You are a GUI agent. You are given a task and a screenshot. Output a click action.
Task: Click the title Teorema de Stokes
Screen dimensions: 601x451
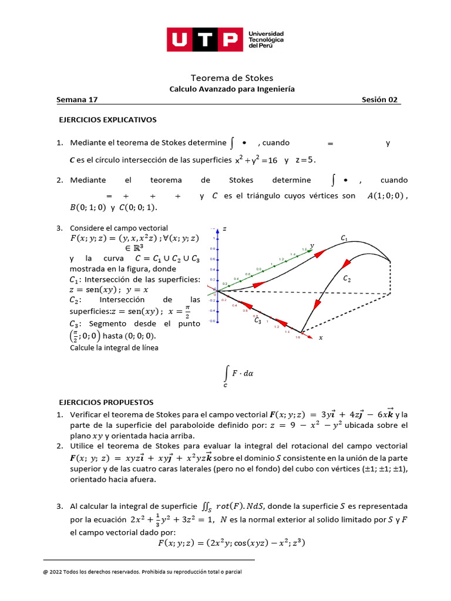tap(232, 77)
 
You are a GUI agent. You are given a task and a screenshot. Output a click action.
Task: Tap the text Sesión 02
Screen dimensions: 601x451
tap(380, 100)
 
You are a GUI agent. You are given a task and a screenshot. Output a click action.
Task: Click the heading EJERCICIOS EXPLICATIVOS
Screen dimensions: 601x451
tap(108, 120)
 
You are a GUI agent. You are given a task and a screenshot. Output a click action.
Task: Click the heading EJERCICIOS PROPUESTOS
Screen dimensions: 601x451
tap(106, 402)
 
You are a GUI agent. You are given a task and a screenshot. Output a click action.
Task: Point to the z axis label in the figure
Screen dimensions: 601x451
tap(224, 228)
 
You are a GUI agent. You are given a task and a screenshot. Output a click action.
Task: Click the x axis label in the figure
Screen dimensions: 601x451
tap(321, 338)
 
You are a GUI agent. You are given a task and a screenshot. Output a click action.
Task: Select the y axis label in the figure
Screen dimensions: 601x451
tap(312, 245)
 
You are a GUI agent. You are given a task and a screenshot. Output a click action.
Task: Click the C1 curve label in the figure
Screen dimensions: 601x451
tap(344, 238)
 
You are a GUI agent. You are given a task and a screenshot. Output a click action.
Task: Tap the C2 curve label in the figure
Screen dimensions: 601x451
tap(346, 279)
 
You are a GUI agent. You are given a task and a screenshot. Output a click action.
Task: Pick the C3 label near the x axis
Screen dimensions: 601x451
tap(258, 320)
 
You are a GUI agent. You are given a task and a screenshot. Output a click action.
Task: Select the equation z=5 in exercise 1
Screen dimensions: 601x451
tap(306, 160)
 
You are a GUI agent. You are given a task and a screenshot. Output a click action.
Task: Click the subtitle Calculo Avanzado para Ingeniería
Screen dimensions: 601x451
tap(232, 89)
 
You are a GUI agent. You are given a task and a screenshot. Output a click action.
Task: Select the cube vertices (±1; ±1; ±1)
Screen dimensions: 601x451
tap(375, 468)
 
